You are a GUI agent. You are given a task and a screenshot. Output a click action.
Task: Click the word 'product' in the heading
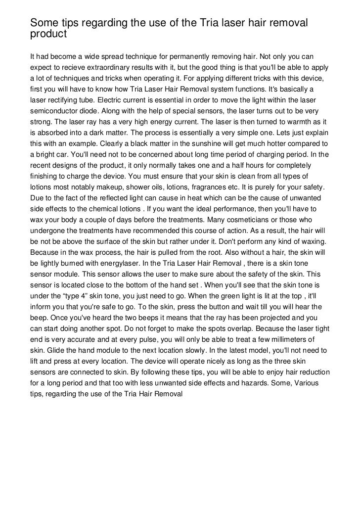[x=48, y=35]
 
